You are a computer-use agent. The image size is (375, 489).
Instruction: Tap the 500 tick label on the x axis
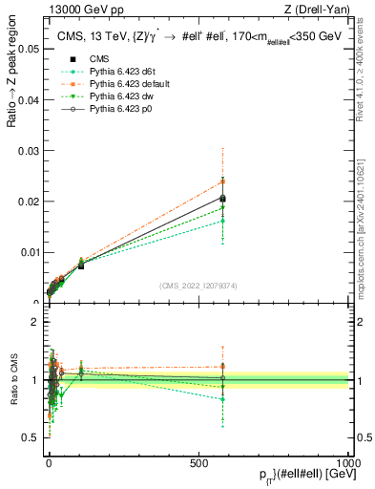click(198, 461)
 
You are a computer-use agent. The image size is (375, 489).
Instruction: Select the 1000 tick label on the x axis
click(348, 461)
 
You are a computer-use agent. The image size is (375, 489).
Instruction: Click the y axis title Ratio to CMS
click(12, 382)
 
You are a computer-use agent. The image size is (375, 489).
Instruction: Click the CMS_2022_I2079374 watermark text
click(198, 286)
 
